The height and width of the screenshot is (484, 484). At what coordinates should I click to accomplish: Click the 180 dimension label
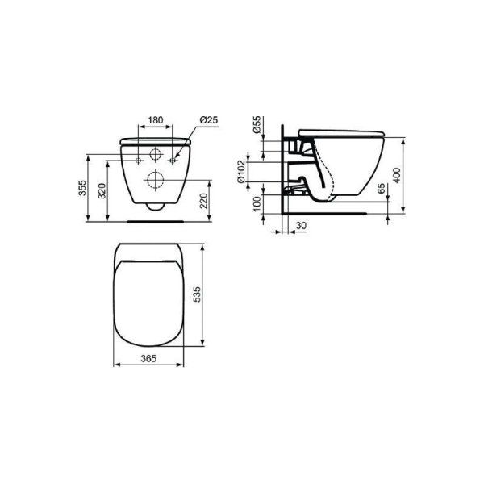[x=156, y=120]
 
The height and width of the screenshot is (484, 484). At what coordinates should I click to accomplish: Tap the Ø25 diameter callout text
[x=209, y=120]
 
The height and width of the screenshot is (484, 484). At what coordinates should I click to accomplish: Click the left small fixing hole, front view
[x=136, y=156]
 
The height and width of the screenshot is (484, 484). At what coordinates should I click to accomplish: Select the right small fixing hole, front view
[x=172, y=156]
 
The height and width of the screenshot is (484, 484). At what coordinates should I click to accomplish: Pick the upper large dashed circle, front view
[x=153, y=156]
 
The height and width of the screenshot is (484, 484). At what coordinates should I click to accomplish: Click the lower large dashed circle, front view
[x=153, y=180]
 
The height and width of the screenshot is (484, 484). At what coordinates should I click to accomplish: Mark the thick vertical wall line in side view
[x=283, y=173]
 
